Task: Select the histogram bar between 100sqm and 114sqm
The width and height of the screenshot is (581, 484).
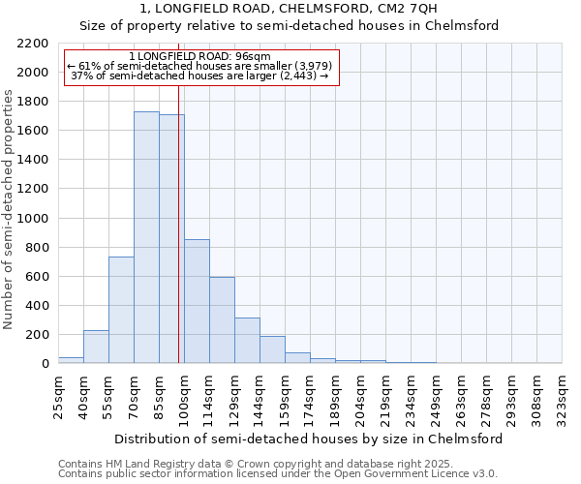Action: click(x=197, y=301)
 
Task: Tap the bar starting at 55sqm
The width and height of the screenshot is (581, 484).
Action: click(x=121, y=310)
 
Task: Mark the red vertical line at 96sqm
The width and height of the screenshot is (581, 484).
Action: click(x=179, y=242)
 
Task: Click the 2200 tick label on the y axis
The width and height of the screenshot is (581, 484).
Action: click(x=34, y=44)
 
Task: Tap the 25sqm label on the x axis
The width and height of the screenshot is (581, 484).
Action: click(x=58, y=395)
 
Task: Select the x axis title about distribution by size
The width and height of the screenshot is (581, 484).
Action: click(x=309, y=439)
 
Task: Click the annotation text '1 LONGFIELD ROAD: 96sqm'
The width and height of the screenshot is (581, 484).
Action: click(x=199, y=57)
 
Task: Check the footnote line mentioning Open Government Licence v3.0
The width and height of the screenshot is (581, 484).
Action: click(x=278, y=474)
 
